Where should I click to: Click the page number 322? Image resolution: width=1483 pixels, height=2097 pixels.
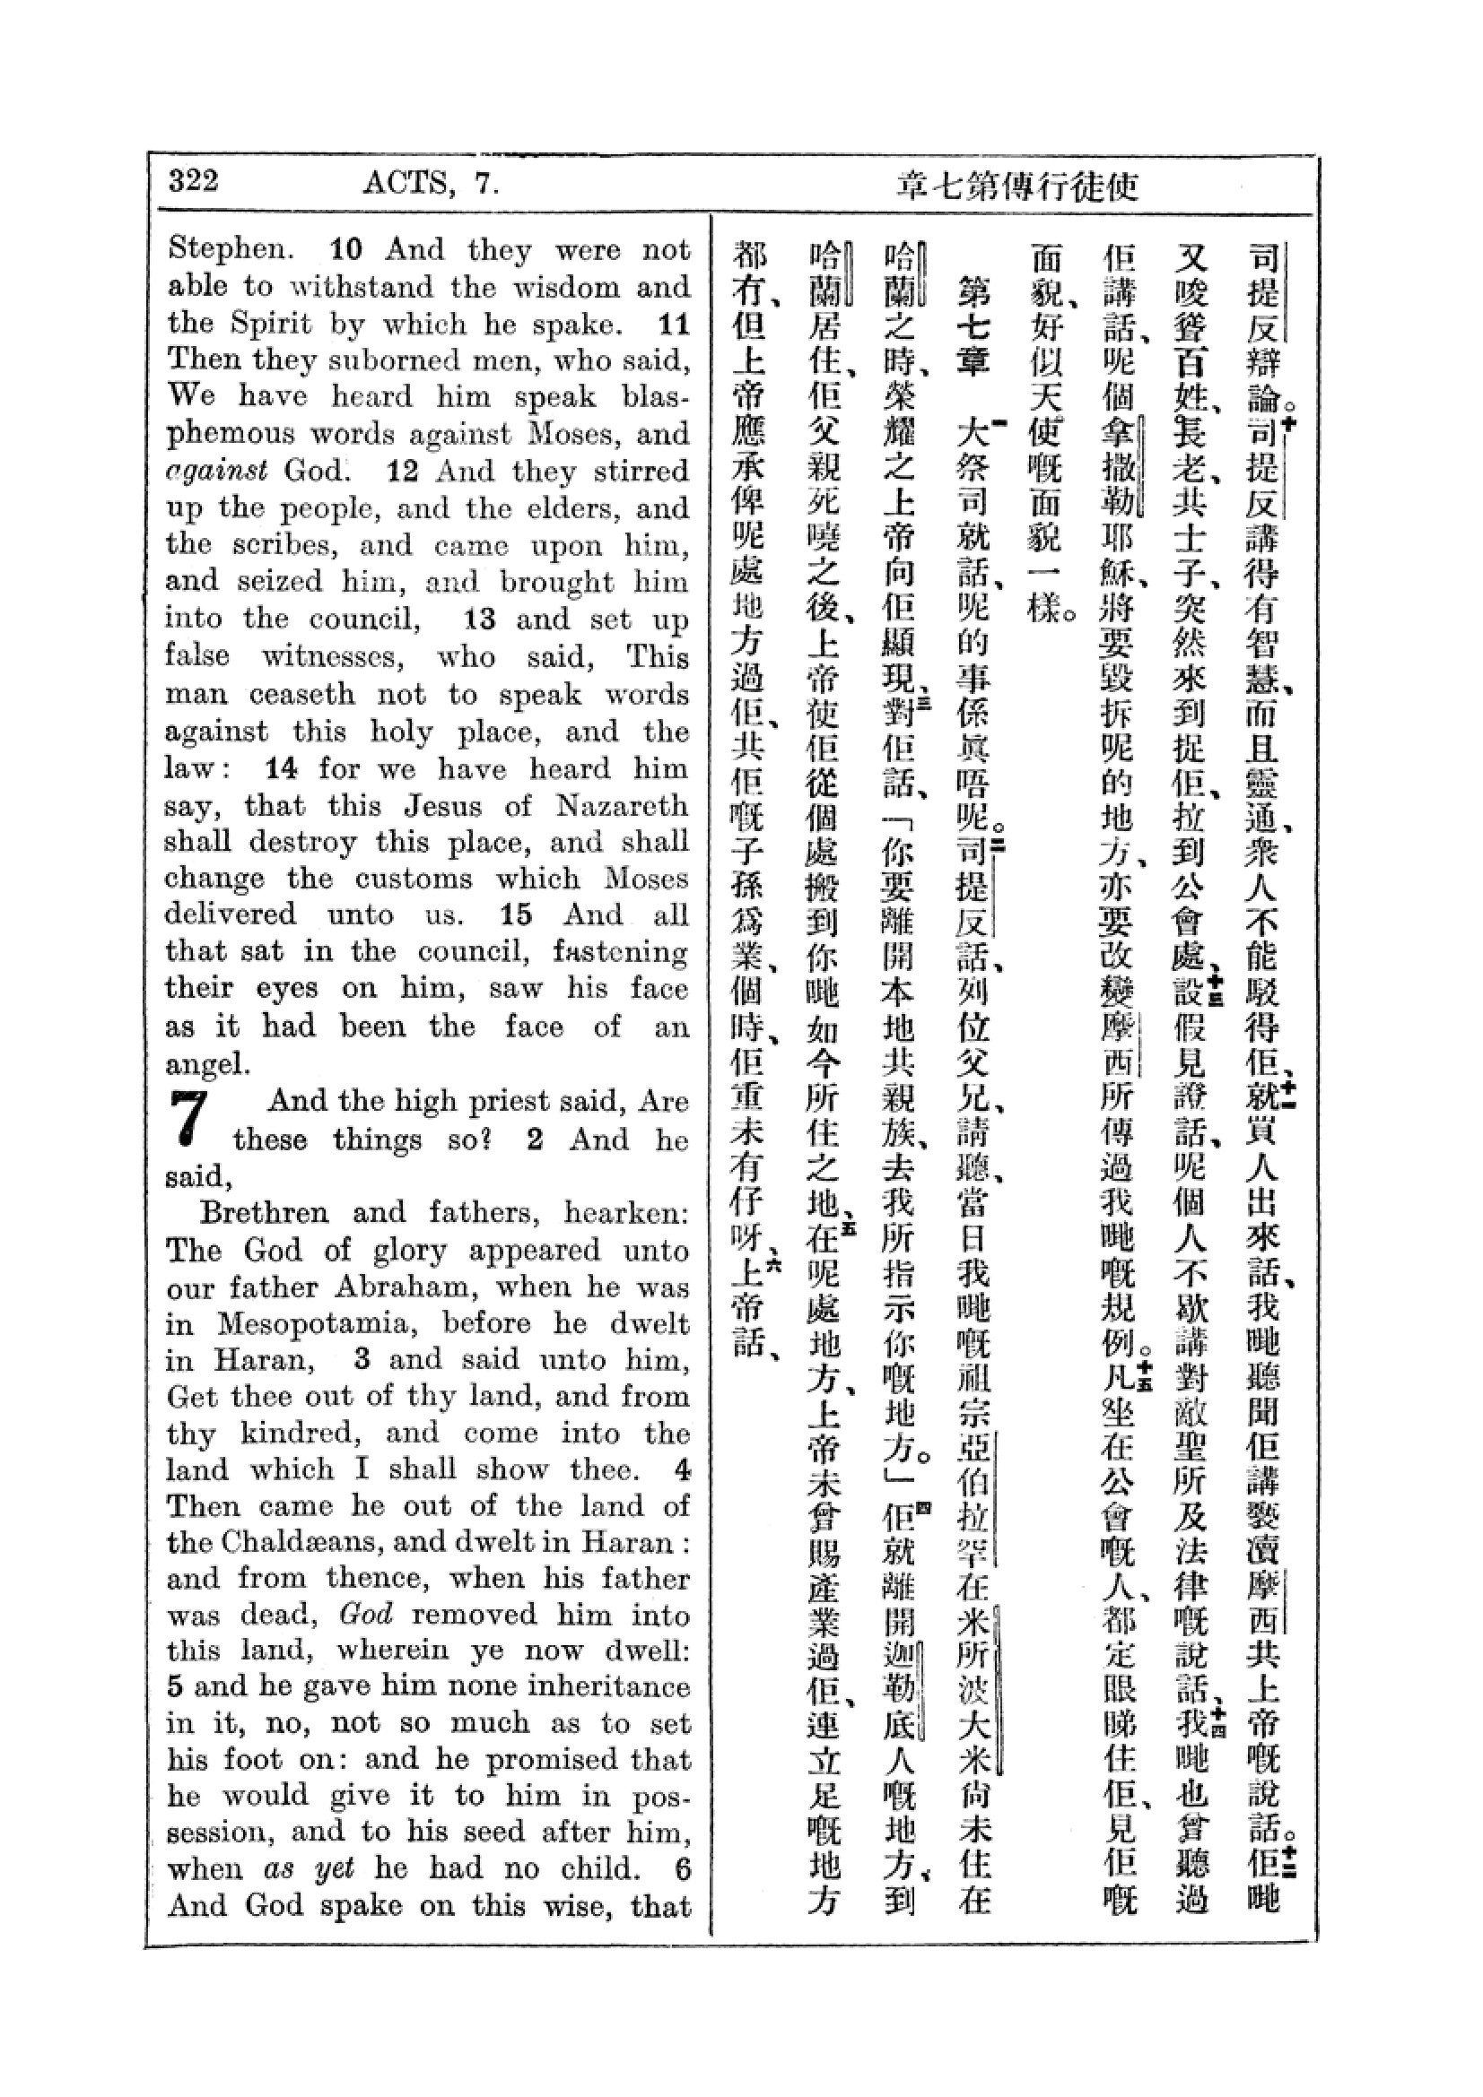tap(194, 181)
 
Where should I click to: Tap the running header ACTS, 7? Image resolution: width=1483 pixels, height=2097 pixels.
tap(431, 184)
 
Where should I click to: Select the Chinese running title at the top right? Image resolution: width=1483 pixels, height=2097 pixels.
tap(1018, 186)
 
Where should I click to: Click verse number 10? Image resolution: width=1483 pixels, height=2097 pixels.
tap(346, 249)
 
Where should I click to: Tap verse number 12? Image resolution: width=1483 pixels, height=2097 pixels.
tap(403, 472)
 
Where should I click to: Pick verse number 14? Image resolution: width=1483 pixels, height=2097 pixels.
tap(282, 769)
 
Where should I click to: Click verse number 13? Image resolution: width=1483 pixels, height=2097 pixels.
tap(479, 620)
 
